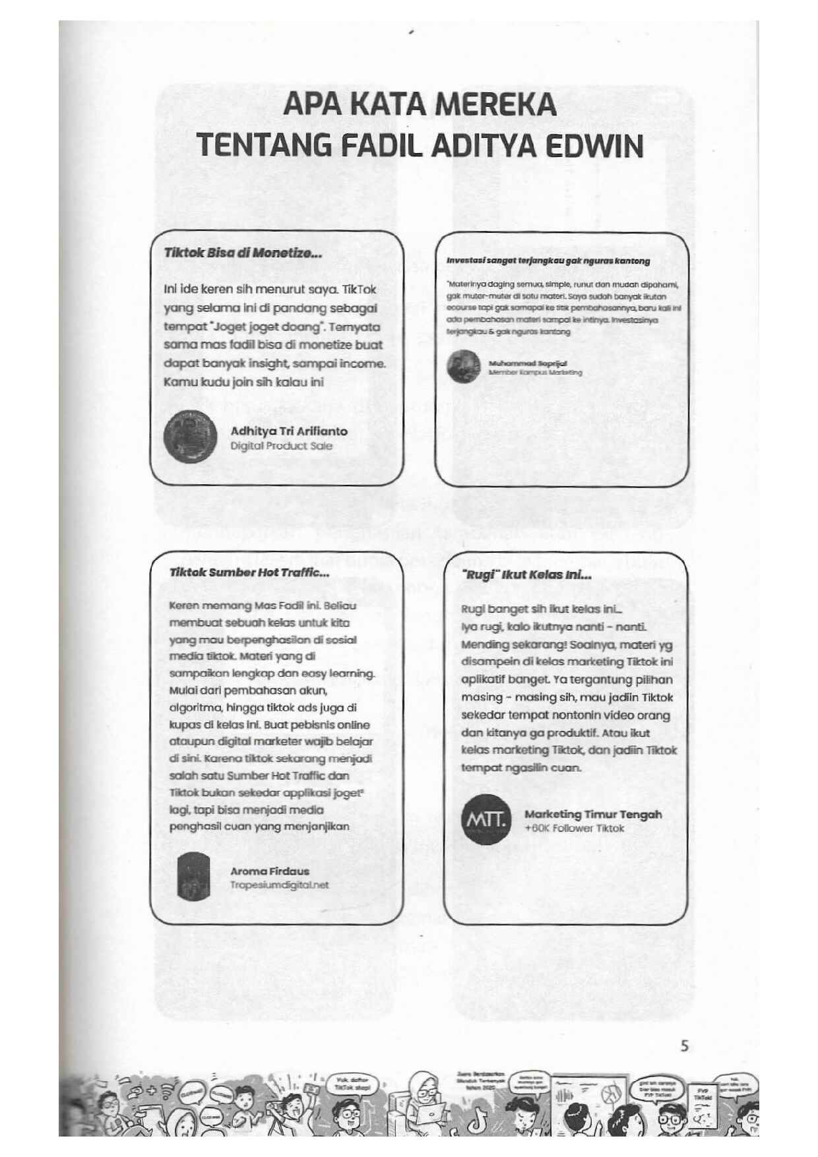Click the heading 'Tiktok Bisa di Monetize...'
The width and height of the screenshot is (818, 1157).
point(243,253)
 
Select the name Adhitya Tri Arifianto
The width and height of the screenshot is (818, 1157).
point(289,431)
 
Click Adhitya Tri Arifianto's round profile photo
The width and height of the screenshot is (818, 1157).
point(190,437)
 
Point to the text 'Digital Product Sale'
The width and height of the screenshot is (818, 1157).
point(281,446)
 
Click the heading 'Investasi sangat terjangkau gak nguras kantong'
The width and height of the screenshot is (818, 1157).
point(548,261)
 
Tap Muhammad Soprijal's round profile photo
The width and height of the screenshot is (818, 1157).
point(464,367)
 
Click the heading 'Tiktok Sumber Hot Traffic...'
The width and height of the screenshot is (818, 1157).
point(249,573)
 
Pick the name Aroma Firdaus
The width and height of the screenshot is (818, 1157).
point(269,871)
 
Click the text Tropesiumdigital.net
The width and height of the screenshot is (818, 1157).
point(279,885)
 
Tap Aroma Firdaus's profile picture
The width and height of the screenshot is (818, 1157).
point(194,876)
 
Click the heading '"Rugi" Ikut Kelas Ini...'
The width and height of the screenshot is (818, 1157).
point(526,575)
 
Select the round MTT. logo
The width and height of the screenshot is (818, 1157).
point(486,820)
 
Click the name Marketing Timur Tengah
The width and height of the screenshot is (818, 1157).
point(592,815)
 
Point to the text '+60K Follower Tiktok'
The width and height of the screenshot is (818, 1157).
point(574,829)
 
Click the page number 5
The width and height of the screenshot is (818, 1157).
point(684,1046)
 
